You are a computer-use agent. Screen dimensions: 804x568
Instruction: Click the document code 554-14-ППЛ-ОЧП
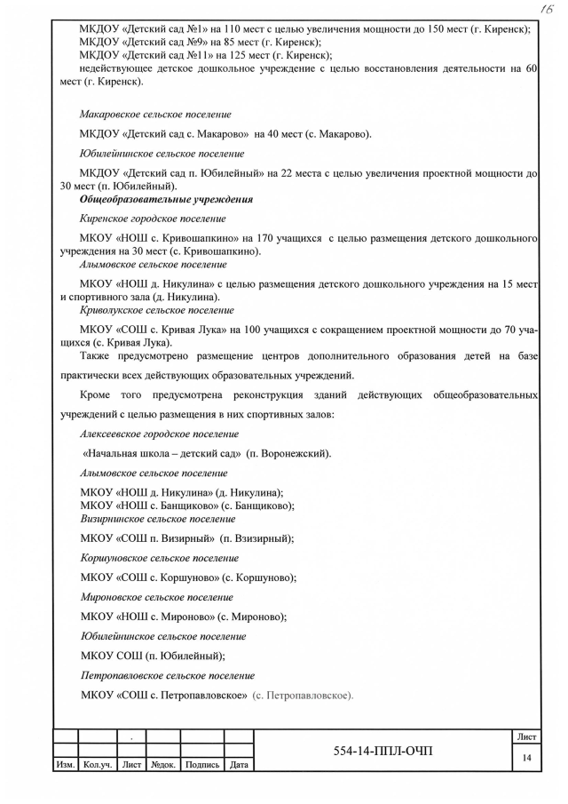point(383,752)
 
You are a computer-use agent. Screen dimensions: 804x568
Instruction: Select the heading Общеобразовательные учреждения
point(166,200)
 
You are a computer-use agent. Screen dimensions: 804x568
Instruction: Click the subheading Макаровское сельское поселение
point(155,115)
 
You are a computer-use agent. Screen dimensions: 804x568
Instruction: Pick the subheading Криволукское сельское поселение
point(157,310)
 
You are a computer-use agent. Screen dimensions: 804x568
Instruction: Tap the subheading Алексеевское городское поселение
point(159,434)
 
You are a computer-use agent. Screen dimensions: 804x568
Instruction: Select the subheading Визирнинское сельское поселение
point(158,518)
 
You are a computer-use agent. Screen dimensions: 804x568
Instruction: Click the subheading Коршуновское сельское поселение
point(159,558)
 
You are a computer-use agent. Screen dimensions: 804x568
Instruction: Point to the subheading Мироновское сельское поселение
point(157,597)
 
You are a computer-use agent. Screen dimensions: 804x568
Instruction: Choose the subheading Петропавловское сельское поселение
point(168,675)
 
